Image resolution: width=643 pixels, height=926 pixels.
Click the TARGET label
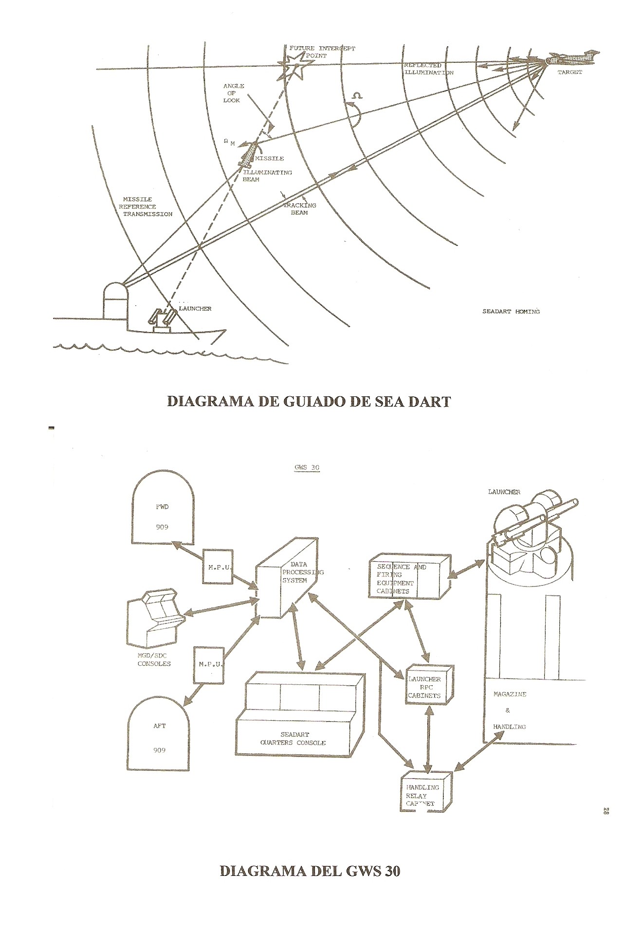(569, 72)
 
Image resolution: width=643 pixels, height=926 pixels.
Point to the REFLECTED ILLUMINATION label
(428, 69)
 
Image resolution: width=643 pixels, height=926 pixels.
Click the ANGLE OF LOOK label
(233, 93)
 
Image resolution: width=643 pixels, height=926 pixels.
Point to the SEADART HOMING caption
(511, 311)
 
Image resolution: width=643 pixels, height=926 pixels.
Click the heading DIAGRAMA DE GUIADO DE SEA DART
(309, 402)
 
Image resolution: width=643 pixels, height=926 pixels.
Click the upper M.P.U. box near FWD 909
(217, 566)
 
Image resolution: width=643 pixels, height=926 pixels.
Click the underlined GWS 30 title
(304, 468)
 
